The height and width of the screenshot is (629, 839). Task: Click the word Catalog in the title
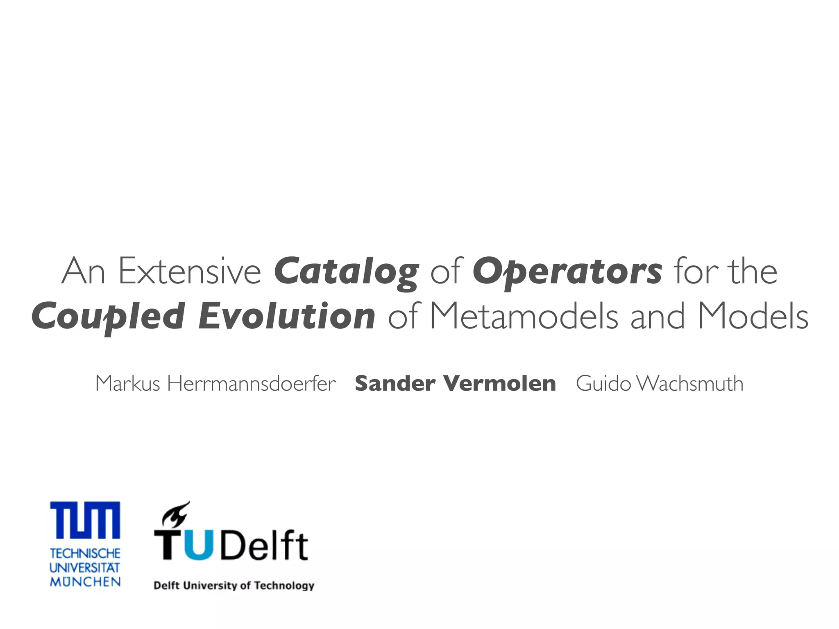coord(346,272)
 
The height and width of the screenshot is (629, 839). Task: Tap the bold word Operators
coord(567,272)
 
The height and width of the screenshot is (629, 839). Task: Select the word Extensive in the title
coord(190,272)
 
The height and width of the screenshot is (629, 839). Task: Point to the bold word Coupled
coord(108,317)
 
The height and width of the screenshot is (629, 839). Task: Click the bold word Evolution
coord(286,317)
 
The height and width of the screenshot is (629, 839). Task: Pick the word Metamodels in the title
coord(524,317)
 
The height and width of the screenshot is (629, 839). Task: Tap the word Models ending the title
coord(753,317)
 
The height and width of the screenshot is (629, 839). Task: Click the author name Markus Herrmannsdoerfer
coord(215,384)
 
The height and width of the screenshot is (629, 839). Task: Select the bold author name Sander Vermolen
coord(455,384)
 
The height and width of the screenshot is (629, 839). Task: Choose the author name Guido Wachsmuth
coord(660,384)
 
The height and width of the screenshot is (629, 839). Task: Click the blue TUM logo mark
coord(85,520)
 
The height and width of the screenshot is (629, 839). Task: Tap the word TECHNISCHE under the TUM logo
coord(85,554)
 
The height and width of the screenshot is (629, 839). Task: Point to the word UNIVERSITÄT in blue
coord(85,568)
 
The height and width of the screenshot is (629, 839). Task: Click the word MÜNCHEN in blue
coord(85,581)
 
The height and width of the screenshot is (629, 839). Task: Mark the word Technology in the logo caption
coord(284,586)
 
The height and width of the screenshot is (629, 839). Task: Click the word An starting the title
coord(83,272)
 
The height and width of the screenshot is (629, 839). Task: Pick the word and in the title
coord(657,317)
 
